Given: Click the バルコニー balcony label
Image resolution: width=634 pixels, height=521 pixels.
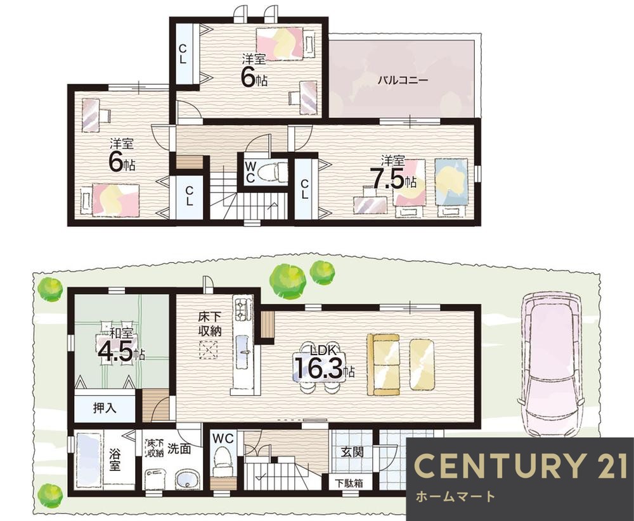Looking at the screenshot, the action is (403, 80).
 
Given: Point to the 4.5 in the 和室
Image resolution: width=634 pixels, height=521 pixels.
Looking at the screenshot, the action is (115, 351).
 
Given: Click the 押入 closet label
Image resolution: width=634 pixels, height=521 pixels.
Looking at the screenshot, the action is (105, 408).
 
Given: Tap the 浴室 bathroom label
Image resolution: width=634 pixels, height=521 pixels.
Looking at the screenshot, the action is (115, 459).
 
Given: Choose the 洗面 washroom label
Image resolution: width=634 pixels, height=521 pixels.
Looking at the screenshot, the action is (179, 448).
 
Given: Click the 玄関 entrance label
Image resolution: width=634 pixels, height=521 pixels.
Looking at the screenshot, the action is (352, 451).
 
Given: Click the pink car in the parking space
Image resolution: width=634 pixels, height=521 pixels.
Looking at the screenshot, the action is (552, 365).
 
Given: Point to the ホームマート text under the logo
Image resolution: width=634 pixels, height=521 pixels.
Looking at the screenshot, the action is (455, 496).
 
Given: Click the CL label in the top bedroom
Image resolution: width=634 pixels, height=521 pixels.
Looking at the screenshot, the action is (183, 54).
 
